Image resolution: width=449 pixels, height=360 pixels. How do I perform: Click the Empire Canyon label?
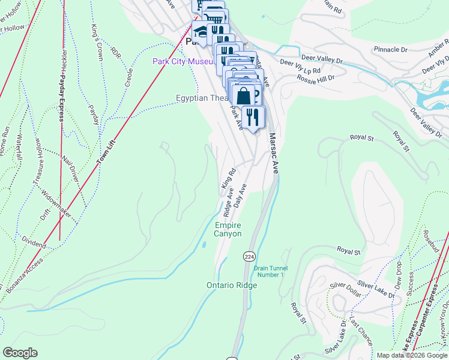[x=228, y=229]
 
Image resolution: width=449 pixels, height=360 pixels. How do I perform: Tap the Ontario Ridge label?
[x=232, y=285]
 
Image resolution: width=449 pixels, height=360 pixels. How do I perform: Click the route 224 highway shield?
[x=249, y=256]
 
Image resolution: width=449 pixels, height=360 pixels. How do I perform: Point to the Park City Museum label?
[x=182, y=61]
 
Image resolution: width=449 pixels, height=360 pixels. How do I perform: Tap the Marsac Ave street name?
[x=274, y=154]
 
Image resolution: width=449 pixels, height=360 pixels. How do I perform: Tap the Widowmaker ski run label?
[x=56, y=205]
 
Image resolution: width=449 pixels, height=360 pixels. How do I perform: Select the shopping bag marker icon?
[x=244, y=95]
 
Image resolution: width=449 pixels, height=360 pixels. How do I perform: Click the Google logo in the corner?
[x=20, y=353]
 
